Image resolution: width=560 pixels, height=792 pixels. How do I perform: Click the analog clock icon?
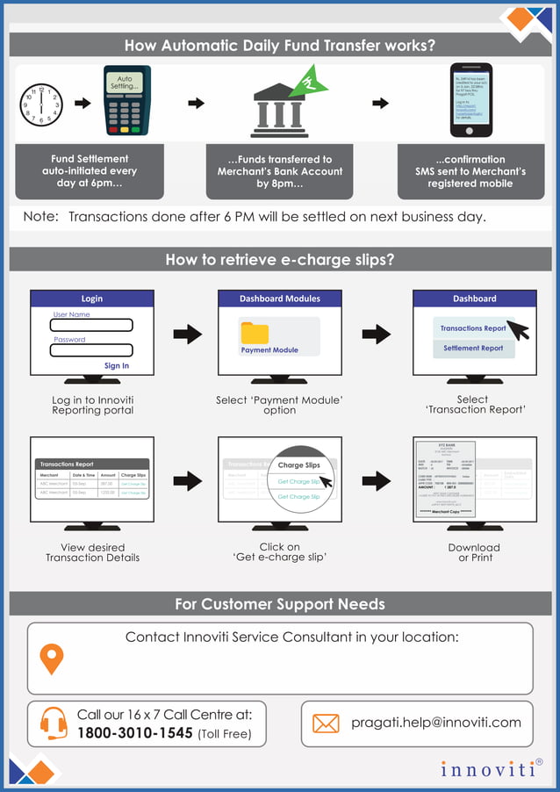point(40,105)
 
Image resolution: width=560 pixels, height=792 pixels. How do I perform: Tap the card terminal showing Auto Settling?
point(127,100)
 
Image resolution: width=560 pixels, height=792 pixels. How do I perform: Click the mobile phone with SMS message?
point(470,100)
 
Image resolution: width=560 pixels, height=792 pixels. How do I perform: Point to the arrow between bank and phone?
point(380,104)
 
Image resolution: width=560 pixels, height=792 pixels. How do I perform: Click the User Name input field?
point(92,325)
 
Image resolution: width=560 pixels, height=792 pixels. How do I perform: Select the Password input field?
point(92,349)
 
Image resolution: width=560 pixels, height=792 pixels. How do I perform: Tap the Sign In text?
point(117,366)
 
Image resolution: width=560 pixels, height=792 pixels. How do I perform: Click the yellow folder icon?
point(255,333)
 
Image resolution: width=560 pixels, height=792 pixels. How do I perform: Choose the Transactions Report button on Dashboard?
point(473,328)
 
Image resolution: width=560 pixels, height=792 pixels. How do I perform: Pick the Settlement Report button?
point(473,349)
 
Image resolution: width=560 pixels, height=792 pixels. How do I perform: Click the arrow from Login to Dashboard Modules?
point(187,335)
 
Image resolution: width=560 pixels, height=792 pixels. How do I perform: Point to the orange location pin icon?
point(53,659)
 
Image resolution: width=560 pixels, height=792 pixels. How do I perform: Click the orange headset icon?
point(53,723)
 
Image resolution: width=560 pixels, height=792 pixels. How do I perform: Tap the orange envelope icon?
point(326,724)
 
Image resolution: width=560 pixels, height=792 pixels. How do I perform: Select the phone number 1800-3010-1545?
point(134,733)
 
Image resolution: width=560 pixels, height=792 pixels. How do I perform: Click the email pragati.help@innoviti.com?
point(436,723)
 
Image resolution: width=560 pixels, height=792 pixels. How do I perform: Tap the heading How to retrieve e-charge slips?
point(279,260)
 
